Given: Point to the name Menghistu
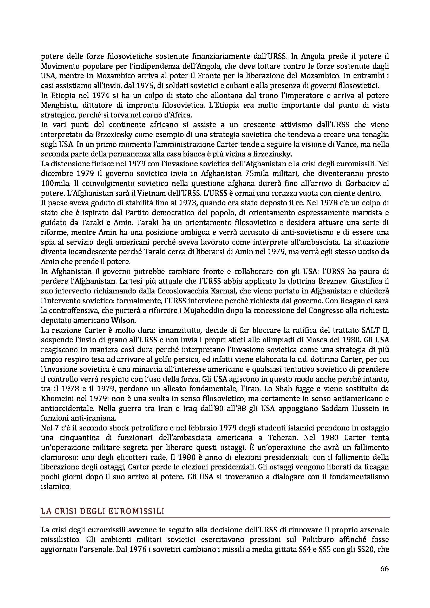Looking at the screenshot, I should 58,105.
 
